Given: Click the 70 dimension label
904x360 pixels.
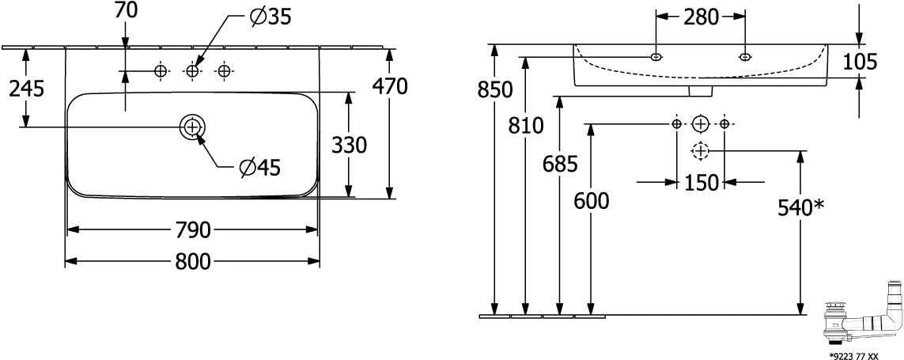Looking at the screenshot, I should (x=126, y=10).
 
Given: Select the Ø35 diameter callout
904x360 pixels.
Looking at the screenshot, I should (x=269, y=16).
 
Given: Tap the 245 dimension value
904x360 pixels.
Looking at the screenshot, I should (x=25, y=89).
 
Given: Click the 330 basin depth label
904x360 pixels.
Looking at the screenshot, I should (x=349, y=146).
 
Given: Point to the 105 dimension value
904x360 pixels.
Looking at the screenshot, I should (x=860, y=62).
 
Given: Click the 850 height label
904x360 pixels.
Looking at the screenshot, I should (x=494, y=90).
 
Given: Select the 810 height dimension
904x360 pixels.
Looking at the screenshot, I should (x=524, y=125).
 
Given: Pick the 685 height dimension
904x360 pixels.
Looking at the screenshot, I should (x=560, y=164).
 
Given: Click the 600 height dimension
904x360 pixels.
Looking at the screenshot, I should (x=591, y=201).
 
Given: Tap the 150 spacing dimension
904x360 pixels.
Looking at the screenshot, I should (x=701, y=183).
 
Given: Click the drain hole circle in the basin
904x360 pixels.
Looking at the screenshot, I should (x=192, y=126).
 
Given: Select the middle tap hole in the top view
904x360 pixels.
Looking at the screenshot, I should (x=192, y=72).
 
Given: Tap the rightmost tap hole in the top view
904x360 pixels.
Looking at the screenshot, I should (x=225, y=72).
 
